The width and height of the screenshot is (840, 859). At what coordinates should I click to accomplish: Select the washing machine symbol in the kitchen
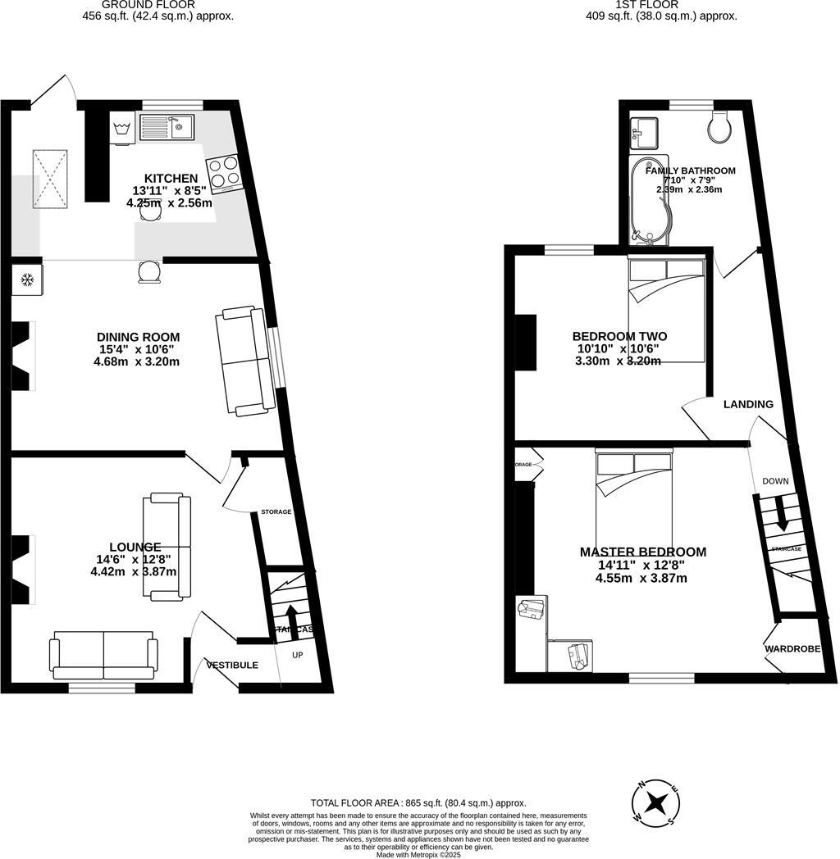(x=122, y=129)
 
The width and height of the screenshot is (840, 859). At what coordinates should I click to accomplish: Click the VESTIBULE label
(x=232, y=665)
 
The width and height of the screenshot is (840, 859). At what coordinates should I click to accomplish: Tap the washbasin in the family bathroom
(x=644, y=132)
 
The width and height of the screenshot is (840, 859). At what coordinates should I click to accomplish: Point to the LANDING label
(x=748, y=404)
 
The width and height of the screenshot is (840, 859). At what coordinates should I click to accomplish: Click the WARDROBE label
(x=792, y=648)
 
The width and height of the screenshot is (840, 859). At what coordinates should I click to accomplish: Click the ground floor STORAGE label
(x=276, y=511)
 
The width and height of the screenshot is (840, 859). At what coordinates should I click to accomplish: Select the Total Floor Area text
(x=418, y=803)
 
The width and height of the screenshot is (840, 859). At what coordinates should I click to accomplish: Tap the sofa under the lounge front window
(x=103, y=655)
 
